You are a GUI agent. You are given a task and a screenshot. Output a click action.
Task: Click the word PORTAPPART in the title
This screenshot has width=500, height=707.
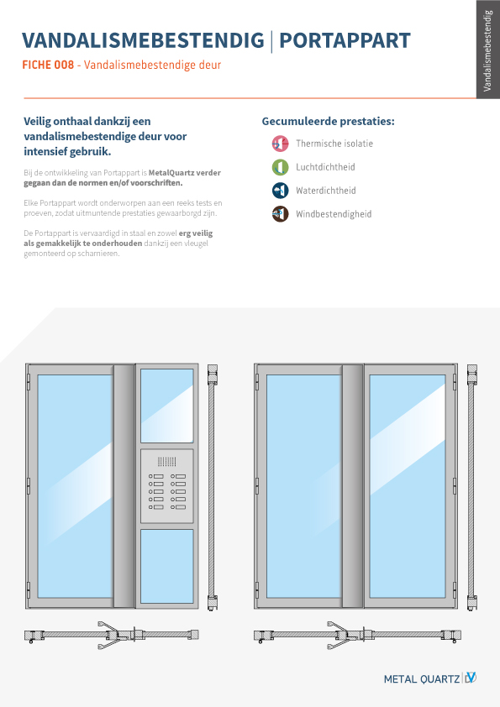point(345,40)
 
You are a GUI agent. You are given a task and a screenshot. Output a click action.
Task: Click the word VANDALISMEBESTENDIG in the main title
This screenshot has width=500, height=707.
point(143,40)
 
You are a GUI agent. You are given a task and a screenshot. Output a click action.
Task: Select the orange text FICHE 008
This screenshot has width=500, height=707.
point(48,65)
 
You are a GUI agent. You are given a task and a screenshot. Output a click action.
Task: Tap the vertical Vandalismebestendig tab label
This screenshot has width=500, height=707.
point(487,50)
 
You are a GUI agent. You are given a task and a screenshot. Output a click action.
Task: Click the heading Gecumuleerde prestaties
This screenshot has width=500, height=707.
point(328,121)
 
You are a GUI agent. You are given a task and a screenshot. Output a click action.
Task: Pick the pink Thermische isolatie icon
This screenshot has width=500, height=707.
point(280,144)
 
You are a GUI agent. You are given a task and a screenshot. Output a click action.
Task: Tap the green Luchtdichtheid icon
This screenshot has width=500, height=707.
point(280,167)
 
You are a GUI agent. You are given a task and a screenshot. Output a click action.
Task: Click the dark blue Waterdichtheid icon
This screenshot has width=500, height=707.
point(280,191)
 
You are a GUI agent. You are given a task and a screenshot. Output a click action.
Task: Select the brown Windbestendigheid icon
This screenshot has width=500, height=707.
point(280,214)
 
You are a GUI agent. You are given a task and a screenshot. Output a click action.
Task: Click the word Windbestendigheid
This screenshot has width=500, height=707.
point(334,214)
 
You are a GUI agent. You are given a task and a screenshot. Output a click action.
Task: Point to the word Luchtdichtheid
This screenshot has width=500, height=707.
point(325,167)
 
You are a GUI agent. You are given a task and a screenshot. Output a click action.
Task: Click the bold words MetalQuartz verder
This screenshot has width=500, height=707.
point(185,173)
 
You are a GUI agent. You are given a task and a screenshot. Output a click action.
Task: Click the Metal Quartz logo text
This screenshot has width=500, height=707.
point(422,678)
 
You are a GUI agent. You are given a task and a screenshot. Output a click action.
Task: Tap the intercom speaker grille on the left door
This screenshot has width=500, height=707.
point(167,461)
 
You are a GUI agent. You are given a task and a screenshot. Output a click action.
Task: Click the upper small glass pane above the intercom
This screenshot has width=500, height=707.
point(167,406)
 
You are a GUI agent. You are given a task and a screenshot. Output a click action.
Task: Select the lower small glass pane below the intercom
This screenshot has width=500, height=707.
point(167,566)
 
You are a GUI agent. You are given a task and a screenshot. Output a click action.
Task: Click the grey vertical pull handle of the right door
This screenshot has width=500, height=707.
point(353,486)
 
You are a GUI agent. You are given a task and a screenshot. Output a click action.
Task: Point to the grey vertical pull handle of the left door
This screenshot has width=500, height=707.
point(124,486)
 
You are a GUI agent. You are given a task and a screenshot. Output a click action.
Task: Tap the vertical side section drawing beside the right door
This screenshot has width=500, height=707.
point(472,488)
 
